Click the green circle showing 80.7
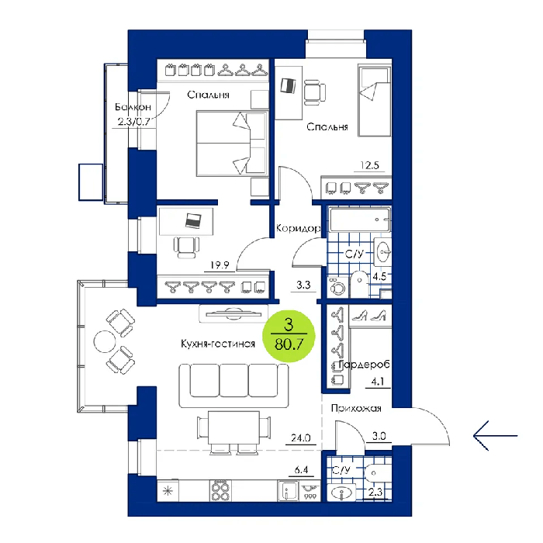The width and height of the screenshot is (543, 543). click(x=289, y=336)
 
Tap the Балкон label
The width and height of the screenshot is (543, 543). click(x=133, y=107)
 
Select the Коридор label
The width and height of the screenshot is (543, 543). click(x=298, y=229)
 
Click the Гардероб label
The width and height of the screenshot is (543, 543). click(x=365, y=365)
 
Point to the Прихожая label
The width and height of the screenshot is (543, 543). click(x=356, y=408)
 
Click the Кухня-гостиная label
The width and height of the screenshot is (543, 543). click(x=218, y=344)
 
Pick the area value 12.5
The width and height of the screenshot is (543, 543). click(x=369, y=165)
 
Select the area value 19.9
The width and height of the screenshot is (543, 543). click(x=220, y=265)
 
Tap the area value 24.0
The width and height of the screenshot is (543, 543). click(x=301, y=438)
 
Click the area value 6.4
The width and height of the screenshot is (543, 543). click(x=301, y=470)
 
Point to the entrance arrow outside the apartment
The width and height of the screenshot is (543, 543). click(x=495, y=436)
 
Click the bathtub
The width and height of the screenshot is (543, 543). click(x=359, y=220)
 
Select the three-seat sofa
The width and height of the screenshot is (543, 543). click(x=233, y=386)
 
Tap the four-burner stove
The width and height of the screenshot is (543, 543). click(x=220, y=490)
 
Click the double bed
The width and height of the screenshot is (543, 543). click(x=233, y=144)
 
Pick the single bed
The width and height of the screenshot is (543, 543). click(x=374, y=101)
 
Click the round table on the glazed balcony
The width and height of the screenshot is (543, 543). click(x=104, y=341)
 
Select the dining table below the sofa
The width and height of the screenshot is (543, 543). click(x=233, y=427)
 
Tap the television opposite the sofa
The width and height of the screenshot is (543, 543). click(x=233, y=314)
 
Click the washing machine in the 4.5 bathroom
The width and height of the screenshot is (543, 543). click(x=337, y=287)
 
